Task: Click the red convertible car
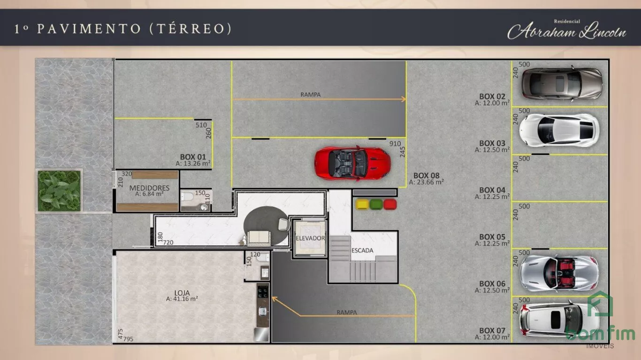(x=352, y=164)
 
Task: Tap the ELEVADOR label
(x=310, y=238)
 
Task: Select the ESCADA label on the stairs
(x=362, y=250)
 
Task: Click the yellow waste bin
(x=362, y=204)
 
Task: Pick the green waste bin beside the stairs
(x=376, y=204)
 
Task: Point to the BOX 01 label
(x=193, y=157)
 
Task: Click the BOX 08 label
(x=426, y=176)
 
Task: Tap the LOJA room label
(x=182, y=293)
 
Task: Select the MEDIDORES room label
(x=149, y=188)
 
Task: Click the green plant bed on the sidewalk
(x=59, y=191)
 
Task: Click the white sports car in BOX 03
(x=559, y=130)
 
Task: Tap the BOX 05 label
(x=492, y=237)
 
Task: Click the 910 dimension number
(x=395, y=144)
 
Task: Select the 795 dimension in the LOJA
(x=128, y=339)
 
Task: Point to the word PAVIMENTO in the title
(x=89, y=29)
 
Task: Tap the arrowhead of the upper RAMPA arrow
(x=404, y=100)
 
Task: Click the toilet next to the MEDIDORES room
(x=188, y=197)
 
